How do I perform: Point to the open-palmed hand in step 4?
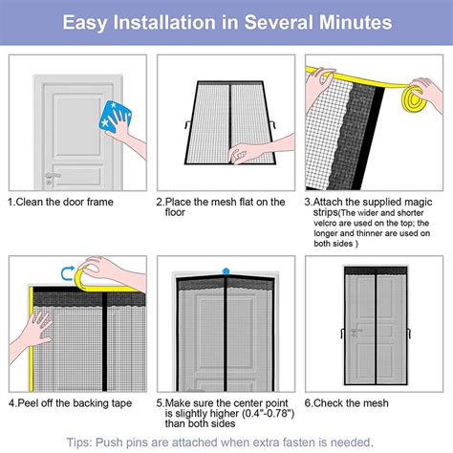click(32, 330)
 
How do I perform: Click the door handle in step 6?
click(354, 334)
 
